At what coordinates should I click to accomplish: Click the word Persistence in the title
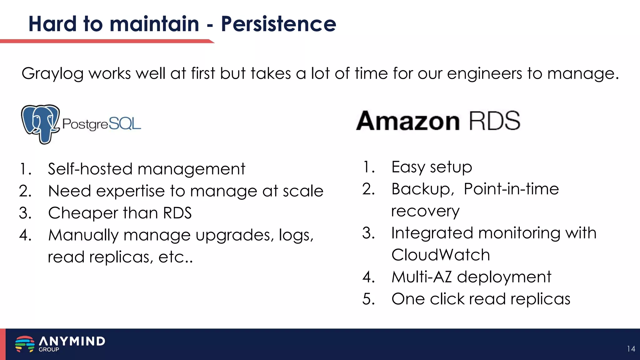tap(278, 24)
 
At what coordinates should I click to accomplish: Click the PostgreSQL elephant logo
tap(40, 124)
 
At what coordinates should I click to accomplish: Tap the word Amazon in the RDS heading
tap(408, 121)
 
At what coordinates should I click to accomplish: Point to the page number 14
tap(631, 349)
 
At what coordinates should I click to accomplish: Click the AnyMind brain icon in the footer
tap(25, 344)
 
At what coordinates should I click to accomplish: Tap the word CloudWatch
tap(441, 255)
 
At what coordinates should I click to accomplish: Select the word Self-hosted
tap(90, 169)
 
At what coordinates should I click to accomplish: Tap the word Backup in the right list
tap(421, 189)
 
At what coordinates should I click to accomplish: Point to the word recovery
tap(425, 211)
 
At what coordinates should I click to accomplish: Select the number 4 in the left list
tap(25, 235)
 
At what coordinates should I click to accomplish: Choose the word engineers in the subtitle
tap(484, 74)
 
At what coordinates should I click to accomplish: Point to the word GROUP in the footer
tap(49, 350)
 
